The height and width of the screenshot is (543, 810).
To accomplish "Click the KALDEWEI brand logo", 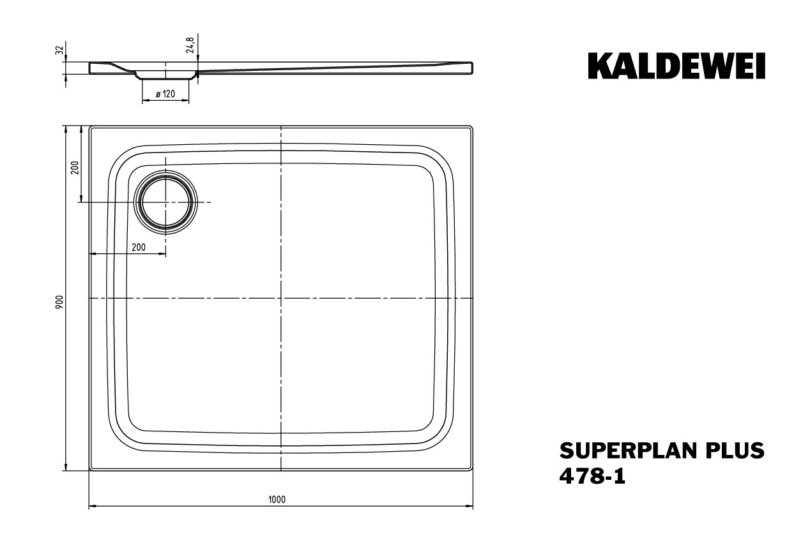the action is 676,66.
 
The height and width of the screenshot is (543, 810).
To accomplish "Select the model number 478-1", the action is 592,476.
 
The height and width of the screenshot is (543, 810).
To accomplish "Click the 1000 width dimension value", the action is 277,499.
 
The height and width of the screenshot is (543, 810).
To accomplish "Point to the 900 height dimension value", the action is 59,302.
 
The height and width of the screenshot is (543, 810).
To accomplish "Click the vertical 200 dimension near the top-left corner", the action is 75,168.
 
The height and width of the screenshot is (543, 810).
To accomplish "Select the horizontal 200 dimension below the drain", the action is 139,247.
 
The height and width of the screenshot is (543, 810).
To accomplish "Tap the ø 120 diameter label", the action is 165,94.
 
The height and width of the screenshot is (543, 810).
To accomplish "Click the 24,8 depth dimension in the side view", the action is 190,45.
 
